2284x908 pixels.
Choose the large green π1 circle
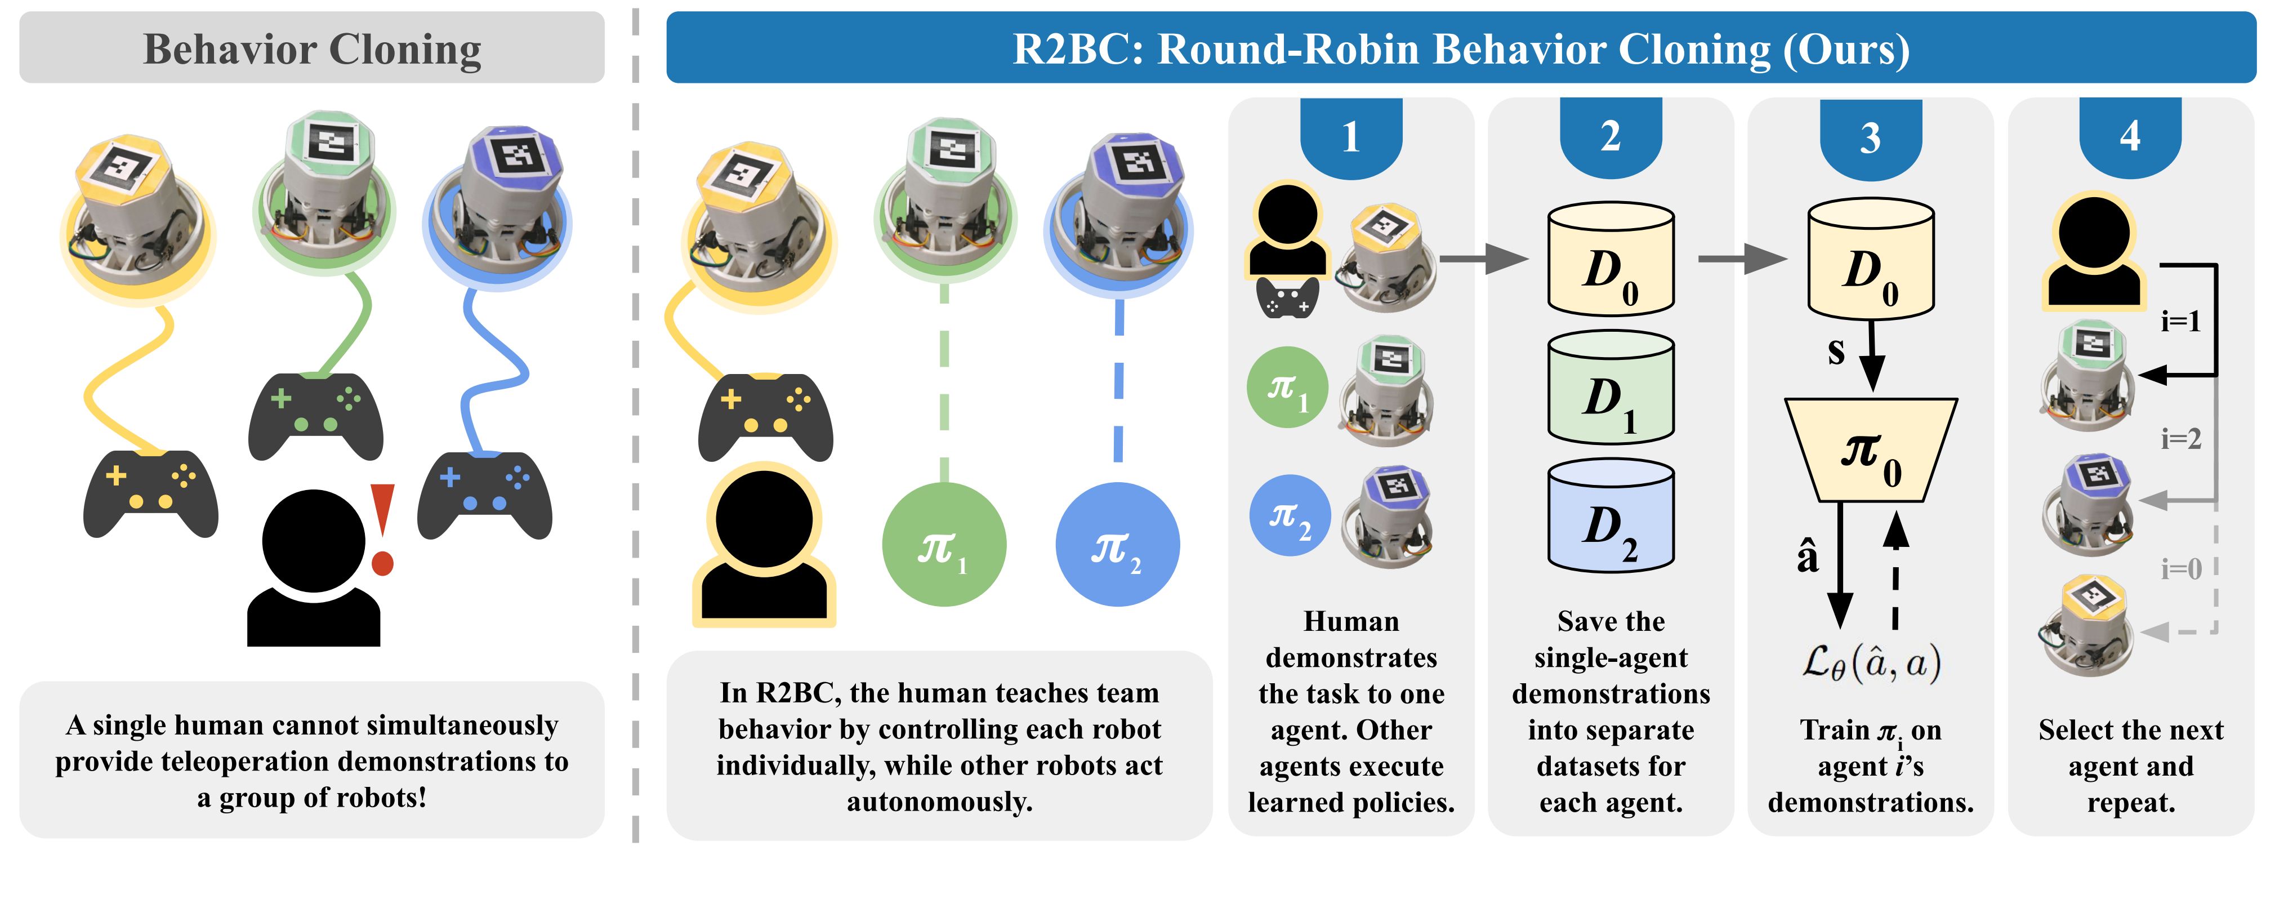[x=943, y=545]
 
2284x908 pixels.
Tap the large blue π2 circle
[x=1117, y=545]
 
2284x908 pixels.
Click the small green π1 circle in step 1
[x=1287, y=388]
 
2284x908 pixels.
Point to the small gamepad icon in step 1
[x=1287, y=299]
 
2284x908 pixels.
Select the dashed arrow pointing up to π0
[x=1895, y=568]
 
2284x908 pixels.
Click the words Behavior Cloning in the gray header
[x=312, y=49]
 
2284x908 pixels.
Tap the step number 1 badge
[x=1350, y=137]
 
